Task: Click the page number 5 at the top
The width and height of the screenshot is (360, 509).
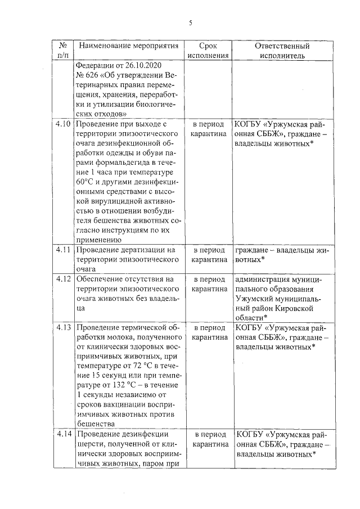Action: pos(191,23)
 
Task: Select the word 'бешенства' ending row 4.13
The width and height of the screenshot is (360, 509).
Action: pos(95,424)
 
